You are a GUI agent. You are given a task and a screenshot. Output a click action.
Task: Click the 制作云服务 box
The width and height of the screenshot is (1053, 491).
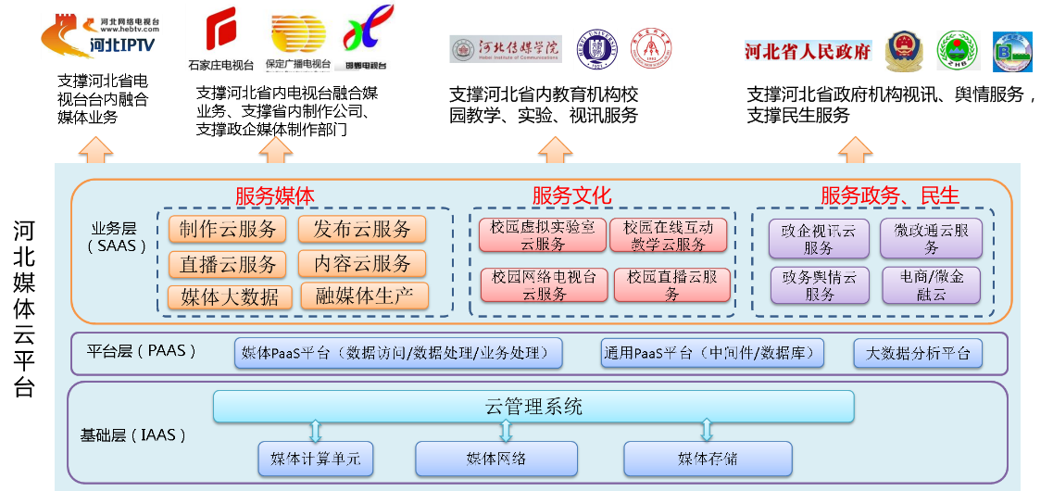[228, 230]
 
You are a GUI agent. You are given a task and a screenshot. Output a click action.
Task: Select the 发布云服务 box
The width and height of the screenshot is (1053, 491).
[361, 230]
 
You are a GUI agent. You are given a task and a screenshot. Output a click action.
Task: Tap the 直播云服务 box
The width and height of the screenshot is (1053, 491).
[228, 264]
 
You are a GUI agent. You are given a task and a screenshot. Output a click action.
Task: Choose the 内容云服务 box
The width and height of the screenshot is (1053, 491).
[361, 264]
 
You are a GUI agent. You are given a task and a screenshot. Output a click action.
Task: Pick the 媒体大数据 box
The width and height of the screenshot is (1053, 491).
[229, 296]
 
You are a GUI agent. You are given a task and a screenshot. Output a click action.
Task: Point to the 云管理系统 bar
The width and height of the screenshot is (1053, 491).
[533, 407]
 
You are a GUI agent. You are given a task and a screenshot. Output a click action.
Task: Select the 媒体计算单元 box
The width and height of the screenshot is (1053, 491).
[315, 459]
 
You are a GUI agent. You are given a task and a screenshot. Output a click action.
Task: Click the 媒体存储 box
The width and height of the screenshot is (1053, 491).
[708, 459]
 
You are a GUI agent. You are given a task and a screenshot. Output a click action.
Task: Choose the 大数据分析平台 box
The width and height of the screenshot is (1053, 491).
[917, 353]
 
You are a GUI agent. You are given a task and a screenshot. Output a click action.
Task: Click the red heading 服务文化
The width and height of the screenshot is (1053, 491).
[571, 195]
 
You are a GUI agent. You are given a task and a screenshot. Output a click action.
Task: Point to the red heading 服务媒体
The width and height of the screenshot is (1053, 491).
[274, 195]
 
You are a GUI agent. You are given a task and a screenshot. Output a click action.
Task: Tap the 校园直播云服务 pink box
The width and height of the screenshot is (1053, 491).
[672, 285]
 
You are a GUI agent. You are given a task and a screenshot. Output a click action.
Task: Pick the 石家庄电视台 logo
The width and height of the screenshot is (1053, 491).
[220, 38]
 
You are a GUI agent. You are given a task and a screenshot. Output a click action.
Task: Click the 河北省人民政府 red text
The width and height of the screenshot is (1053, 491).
[808, 52]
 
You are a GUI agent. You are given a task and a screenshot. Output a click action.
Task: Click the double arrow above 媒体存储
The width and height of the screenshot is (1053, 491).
[707, 429]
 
